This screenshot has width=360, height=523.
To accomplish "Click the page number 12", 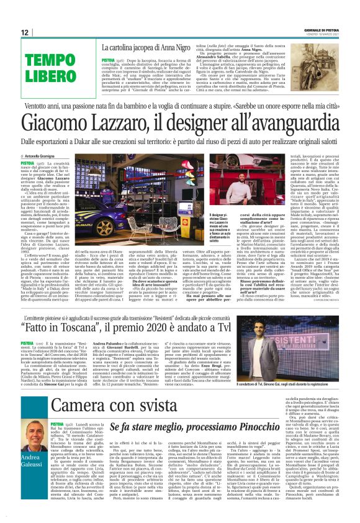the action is (25, 32).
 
